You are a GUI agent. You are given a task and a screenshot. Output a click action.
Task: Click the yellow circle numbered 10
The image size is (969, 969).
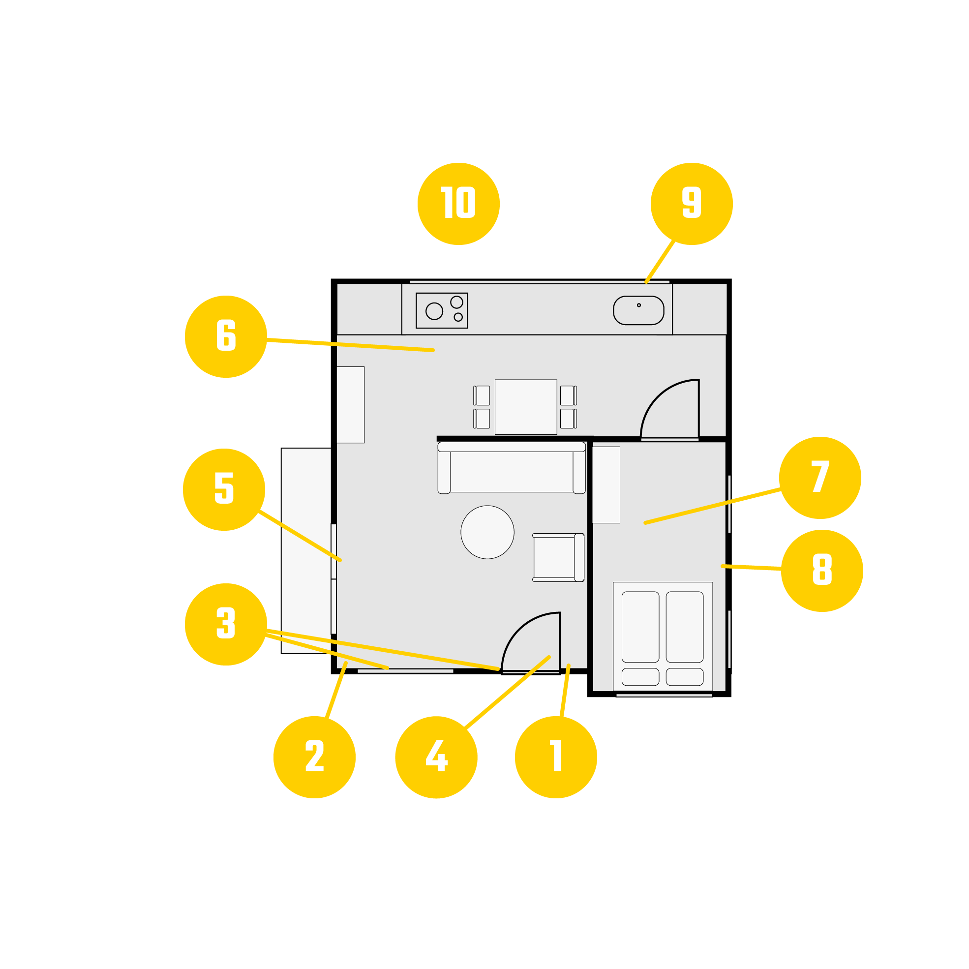(x=458, y=204)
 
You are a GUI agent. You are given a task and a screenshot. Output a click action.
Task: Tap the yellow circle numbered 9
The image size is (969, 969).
(x=692, y=204)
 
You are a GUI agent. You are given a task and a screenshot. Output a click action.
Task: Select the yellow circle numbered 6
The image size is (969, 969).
(x=226, y=336)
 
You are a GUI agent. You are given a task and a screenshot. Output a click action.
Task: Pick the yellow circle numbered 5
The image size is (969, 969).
(x=224, y=489)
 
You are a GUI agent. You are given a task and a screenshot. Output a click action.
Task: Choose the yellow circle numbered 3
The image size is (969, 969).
(x=226, y=624)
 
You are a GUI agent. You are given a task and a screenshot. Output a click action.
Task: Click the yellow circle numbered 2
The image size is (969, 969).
(x=314, y=757)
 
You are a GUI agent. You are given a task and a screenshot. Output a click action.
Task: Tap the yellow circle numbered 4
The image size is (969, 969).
(x=436, y=757)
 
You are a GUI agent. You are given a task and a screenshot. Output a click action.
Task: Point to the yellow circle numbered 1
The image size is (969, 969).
(x=556, y=757)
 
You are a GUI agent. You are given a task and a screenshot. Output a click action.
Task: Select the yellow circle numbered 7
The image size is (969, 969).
(x=820, y=478)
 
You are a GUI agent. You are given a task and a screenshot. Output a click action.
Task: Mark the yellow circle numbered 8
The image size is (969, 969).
(x=822, y=571)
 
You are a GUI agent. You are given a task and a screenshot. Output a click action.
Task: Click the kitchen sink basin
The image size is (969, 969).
(x=638, y=310)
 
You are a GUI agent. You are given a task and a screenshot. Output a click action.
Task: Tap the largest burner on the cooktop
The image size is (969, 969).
(x=434, y=311)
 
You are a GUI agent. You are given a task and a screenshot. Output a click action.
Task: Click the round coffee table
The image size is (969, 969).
(x=487, y=532)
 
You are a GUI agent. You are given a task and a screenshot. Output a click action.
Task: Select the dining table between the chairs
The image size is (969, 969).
(x=526, y=407)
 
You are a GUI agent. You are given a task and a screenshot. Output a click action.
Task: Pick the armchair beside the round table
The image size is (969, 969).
(x=558, y=558)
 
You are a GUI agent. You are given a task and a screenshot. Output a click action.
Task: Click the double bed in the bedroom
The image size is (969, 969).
(x=663, y=637)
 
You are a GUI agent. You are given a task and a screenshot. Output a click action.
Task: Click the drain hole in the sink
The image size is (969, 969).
(x=638, y=305)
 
